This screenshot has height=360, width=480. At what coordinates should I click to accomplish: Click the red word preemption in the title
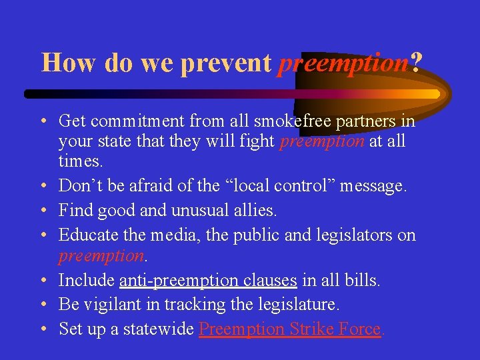(x=343, y=63)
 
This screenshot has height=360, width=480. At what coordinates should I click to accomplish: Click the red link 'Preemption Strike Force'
(x=289, y=329)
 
